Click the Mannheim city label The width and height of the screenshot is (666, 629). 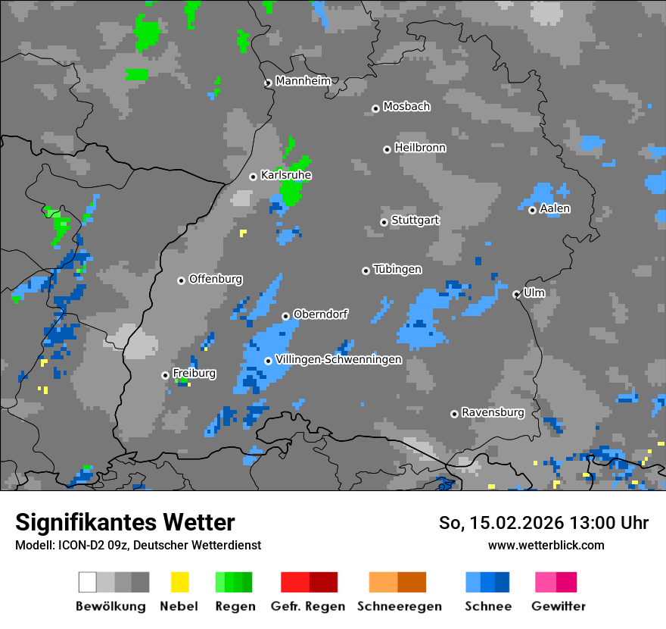(x=303, y=81)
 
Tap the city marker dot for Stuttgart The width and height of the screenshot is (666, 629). (x=384, y=222)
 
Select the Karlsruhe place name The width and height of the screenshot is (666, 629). (x=286, y=175)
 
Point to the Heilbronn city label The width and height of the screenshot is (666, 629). (x=420, y=148)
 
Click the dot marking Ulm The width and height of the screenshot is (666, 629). (x=516, y=294)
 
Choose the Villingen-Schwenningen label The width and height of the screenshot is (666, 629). (x=338, y=360)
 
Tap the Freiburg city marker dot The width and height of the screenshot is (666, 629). (x=165, y=375)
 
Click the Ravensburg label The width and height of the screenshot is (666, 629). (x=493, y=412)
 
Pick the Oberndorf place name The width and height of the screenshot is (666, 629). (x=320, y=314)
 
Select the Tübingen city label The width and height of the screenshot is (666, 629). (x=397, y=270)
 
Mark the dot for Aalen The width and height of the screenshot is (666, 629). (x=532, y=210)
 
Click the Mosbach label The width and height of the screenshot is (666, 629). (x=406, y=107)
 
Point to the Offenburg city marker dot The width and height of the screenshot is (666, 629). (x=181, y=280)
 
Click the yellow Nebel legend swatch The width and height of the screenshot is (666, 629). (x=179, y=582)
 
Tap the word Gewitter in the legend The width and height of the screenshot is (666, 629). (x=558, y=606)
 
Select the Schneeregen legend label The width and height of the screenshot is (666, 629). (x=399, y=606)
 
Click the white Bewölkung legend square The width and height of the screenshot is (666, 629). (x=88, y=582)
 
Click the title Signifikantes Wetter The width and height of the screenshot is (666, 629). (x=125, y=523)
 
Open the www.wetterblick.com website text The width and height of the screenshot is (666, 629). (x=546, y=545)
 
